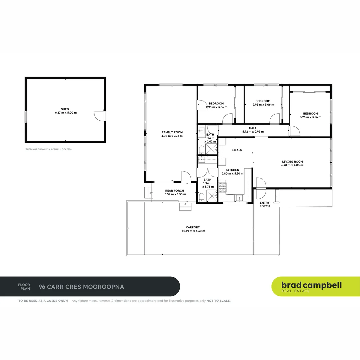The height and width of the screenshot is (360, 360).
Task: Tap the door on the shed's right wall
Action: coord(99,116)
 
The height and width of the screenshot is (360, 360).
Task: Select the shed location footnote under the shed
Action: coord(48,149)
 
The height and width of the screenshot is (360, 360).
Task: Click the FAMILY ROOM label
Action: coord(172,132)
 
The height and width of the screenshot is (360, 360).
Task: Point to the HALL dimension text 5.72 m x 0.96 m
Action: coord(253,132)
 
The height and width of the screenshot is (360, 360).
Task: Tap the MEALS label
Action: coord(237,150)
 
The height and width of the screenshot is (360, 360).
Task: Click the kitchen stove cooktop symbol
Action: coord(222,188)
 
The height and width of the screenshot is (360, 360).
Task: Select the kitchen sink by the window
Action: coord(239,198)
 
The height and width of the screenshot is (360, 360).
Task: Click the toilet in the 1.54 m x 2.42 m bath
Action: coord(202,149)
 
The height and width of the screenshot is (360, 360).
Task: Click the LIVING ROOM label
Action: coord(292,161)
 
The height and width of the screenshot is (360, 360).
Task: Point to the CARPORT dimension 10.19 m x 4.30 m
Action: coord(193,231)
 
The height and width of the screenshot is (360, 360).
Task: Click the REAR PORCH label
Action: coord(174,191)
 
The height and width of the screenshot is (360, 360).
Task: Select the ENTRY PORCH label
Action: coord(265,204)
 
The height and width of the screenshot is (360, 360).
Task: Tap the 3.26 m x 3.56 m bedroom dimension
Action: coord(310,117)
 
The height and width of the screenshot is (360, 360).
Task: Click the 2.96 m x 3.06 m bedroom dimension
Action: coord(263,105)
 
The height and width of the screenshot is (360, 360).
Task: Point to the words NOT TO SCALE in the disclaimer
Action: coord(218,301)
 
